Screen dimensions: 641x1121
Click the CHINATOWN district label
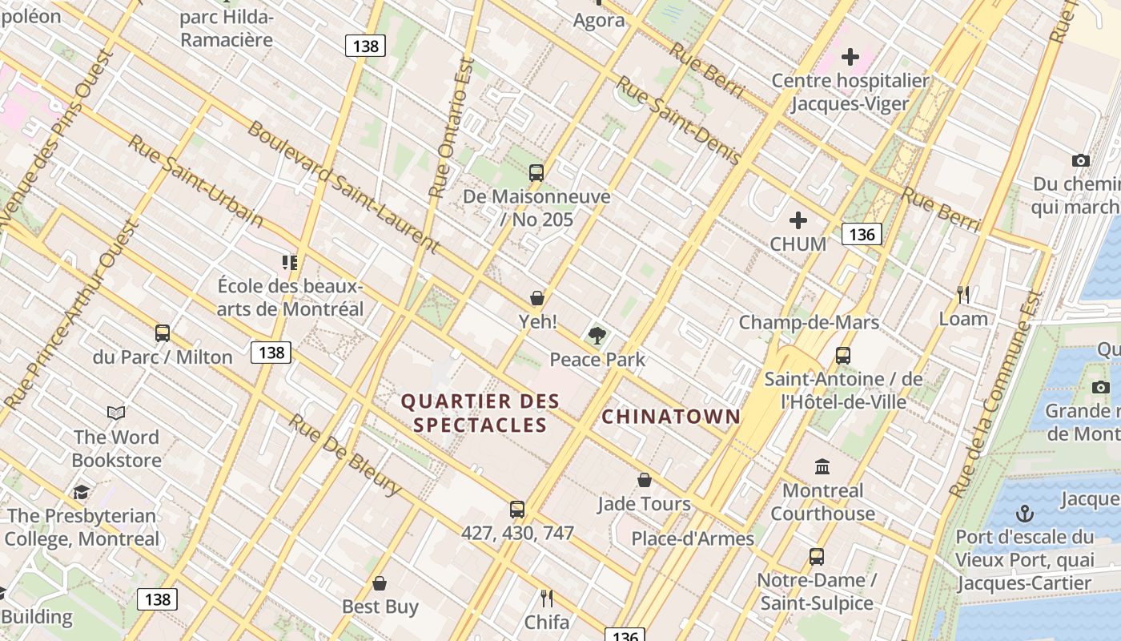671,417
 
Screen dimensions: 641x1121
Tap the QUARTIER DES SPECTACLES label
480,413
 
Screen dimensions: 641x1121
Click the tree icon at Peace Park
597,336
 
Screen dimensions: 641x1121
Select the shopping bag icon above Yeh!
537,298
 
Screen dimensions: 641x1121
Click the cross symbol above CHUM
798,220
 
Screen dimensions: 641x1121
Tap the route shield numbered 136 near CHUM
862,234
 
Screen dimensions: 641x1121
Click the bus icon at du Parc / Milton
163,333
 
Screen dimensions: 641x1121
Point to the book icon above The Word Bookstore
116,413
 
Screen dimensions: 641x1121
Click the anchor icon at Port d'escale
1025,514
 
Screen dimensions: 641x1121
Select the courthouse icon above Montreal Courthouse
822,466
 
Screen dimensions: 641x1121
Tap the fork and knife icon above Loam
963,295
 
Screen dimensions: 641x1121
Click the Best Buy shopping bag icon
380,583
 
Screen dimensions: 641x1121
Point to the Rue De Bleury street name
344,454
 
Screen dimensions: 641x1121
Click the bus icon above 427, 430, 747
517,509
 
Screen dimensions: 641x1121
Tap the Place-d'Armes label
693,538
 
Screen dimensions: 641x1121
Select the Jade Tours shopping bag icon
645,480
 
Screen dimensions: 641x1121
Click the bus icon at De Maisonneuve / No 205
536,172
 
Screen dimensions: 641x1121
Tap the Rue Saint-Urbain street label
195,180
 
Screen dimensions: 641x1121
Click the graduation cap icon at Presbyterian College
81,492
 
